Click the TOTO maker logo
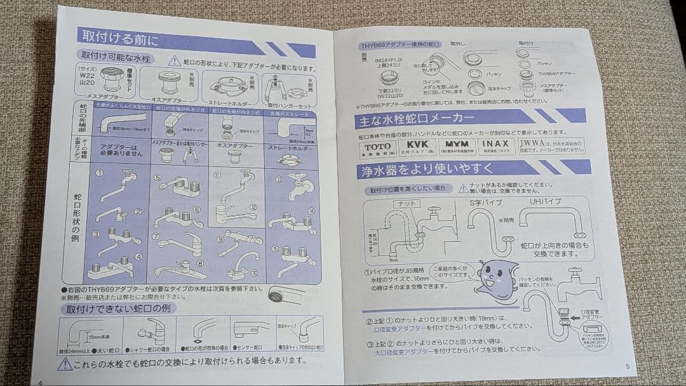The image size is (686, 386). pos(377,145)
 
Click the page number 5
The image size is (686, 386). pos(626,366)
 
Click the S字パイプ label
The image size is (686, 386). pos(485,203)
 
